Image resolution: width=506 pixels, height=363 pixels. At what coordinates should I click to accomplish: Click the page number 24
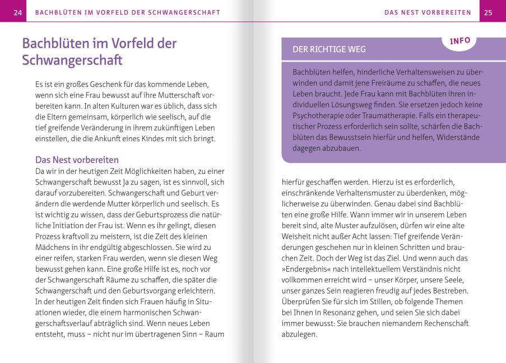18,12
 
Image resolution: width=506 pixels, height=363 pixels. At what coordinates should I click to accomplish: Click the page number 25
488,12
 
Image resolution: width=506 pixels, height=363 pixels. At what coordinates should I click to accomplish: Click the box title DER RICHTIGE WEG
329,49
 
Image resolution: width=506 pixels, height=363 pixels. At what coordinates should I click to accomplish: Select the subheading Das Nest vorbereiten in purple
77,160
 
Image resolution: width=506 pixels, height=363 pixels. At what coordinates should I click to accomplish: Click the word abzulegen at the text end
299,334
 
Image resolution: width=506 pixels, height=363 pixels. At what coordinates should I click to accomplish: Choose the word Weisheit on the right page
298,236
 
